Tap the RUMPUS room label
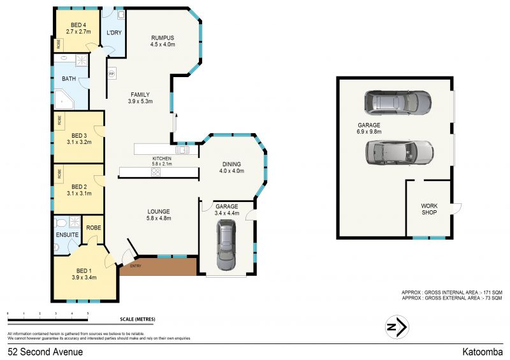[162, 37]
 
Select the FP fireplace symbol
[112, 73]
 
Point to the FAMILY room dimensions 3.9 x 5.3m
[140, 101]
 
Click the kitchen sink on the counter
[182, 150]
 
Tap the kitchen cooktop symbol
[154, 172]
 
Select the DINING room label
[231, 163]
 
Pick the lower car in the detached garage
[399, 151]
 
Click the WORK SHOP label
[429, 210]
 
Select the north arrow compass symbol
[397, 327]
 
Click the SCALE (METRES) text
[137, 319]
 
